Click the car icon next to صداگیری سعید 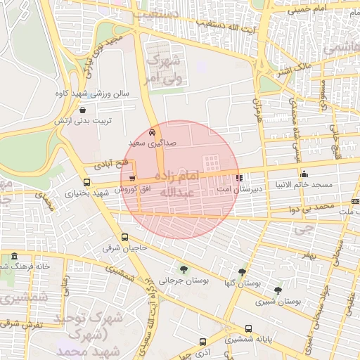tap(153, 131)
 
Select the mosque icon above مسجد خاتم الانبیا tap(304, 174)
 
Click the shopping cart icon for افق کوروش tap(112, 179)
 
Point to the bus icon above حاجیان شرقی tap(124, 237)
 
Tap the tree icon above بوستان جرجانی tap(184, 269)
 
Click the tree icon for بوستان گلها tap(242, 271)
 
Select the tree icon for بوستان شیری tap(278, 290)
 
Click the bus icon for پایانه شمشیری tap(248, 328)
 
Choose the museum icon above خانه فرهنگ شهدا tap(15, 257)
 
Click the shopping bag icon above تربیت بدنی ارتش tap(84, 110)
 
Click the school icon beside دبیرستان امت tap(239, 178)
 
